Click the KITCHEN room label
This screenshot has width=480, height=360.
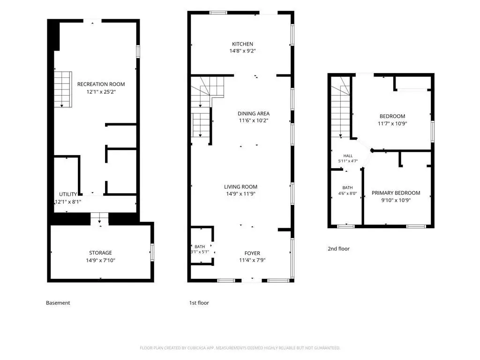click(x=242, y=44)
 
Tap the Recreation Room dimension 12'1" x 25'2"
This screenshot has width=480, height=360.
click(x=101, y=91)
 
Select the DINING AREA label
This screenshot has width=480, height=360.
click(x=254, y=113)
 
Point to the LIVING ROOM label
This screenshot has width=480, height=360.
click(x=240, y=187)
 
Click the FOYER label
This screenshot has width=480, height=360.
click(x=252, y=253)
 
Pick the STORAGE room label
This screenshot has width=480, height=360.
click(x=100, y=253)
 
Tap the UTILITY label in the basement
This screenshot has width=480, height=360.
click(x=68, y=195)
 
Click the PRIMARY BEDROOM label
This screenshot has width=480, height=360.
click(x=396, y=193)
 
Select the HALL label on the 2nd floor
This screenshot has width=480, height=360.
click(x=348, y=156)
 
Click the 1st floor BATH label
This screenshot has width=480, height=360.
click(x=200, y=247)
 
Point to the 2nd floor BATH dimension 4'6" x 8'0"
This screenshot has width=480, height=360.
click(x=347, y=194)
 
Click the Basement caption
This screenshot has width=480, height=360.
click(x=58, y=303)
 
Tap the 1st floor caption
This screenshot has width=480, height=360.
click(x=199, y=303)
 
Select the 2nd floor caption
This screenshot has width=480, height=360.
click(x=338, y=248)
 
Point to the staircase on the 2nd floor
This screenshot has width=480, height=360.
click(x=340, y=107)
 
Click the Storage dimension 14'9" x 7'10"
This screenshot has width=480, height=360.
click(x=100, y=261)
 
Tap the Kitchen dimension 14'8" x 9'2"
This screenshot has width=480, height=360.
click(x=242, y=51)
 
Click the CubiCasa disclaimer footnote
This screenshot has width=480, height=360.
click(x=240, y=348)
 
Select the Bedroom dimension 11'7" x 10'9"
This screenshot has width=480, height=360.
click(x=392, y=124)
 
